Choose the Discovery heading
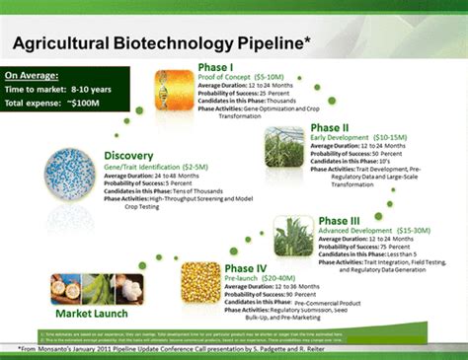131,156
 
